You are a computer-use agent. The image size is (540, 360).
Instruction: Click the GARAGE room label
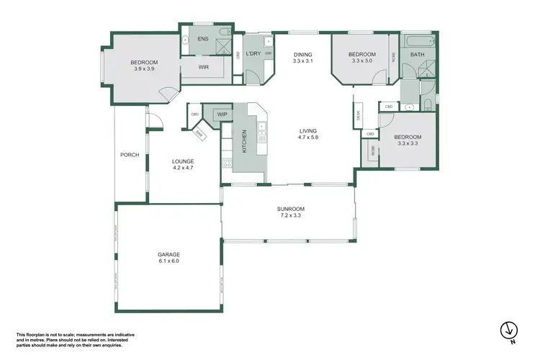point(168,254)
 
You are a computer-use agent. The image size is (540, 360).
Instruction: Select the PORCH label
point(130,154)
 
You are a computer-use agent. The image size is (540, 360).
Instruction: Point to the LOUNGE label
point(184,161)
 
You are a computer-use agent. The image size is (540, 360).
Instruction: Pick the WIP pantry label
point(222,114)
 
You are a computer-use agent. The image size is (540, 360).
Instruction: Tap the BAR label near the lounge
point(199,134)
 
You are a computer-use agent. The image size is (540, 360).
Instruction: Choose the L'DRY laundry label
point(253,54)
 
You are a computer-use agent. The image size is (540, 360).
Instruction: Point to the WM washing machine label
point(268,54)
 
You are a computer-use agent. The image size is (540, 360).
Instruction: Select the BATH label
point(417,55)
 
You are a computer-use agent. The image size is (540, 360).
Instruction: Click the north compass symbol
point(509,330)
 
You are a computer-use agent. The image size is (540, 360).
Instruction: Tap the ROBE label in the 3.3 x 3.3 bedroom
point(373,152)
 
